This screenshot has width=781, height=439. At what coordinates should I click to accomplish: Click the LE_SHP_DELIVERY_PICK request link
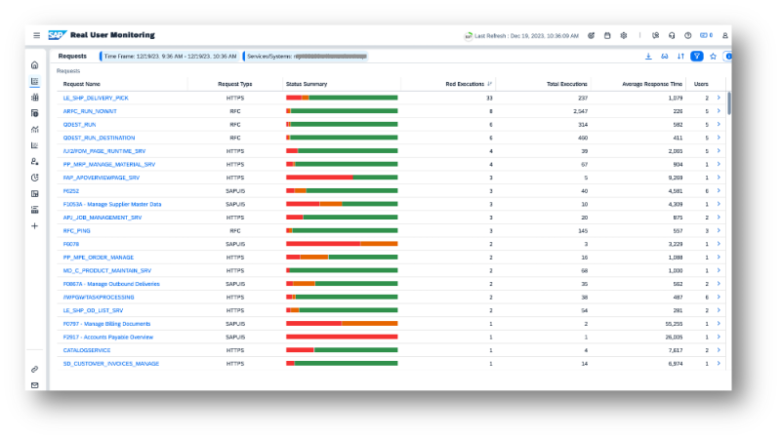96,98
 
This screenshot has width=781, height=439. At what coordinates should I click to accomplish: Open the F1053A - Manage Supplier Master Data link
112,204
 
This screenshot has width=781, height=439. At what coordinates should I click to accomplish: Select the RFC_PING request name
77,230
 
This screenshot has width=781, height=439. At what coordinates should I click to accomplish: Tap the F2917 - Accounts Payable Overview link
108,337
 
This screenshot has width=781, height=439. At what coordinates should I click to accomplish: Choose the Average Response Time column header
651,84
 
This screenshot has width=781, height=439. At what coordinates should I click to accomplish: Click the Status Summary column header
307,84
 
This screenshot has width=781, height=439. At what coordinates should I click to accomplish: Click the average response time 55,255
672,323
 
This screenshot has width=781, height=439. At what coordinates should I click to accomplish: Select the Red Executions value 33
488,98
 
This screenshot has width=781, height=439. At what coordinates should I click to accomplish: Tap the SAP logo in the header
57,35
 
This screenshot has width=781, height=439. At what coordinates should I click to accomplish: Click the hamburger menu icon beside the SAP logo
36,35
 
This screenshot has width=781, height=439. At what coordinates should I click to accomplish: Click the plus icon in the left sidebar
35,225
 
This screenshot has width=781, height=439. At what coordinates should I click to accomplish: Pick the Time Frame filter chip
172,57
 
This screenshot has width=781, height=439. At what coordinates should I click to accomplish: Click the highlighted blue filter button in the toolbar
696,57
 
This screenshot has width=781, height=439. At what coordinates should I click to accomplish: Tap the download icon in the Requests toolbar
648,57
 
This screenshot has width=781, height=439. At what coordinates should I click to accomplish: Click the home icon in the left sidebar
35,65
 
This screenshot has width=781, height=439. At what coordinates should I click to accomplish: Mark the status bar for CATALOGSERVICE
342,350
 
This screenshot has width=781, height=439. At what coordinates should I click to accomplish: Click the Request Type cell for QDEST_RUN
235,125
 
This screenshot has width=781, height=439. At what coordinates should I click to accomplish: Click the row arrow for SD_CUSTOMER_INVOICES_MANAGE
719,363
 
